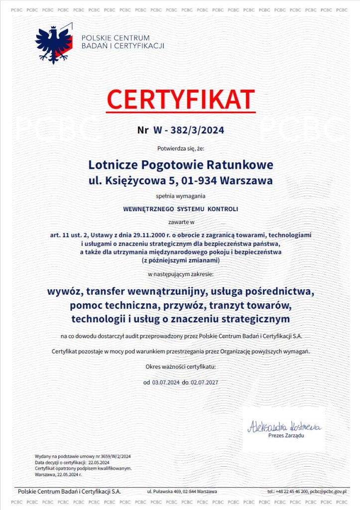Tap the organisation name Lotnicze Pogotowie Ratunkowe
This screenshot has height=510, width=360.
(x=181, y=164)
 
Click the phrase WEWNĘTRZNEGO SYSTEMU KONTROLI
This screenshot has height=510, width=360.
(x=180, y=209)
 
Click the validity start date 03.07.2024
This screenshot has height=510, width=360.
(x=166, y=382)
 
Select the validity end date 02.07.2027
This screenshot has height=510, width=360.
(x=204, y=382)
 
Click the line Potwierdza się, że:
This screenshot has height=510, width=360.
(x=180, y=148)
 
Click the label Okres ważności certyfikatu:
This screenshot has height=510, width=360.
(x=180, y=367)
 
